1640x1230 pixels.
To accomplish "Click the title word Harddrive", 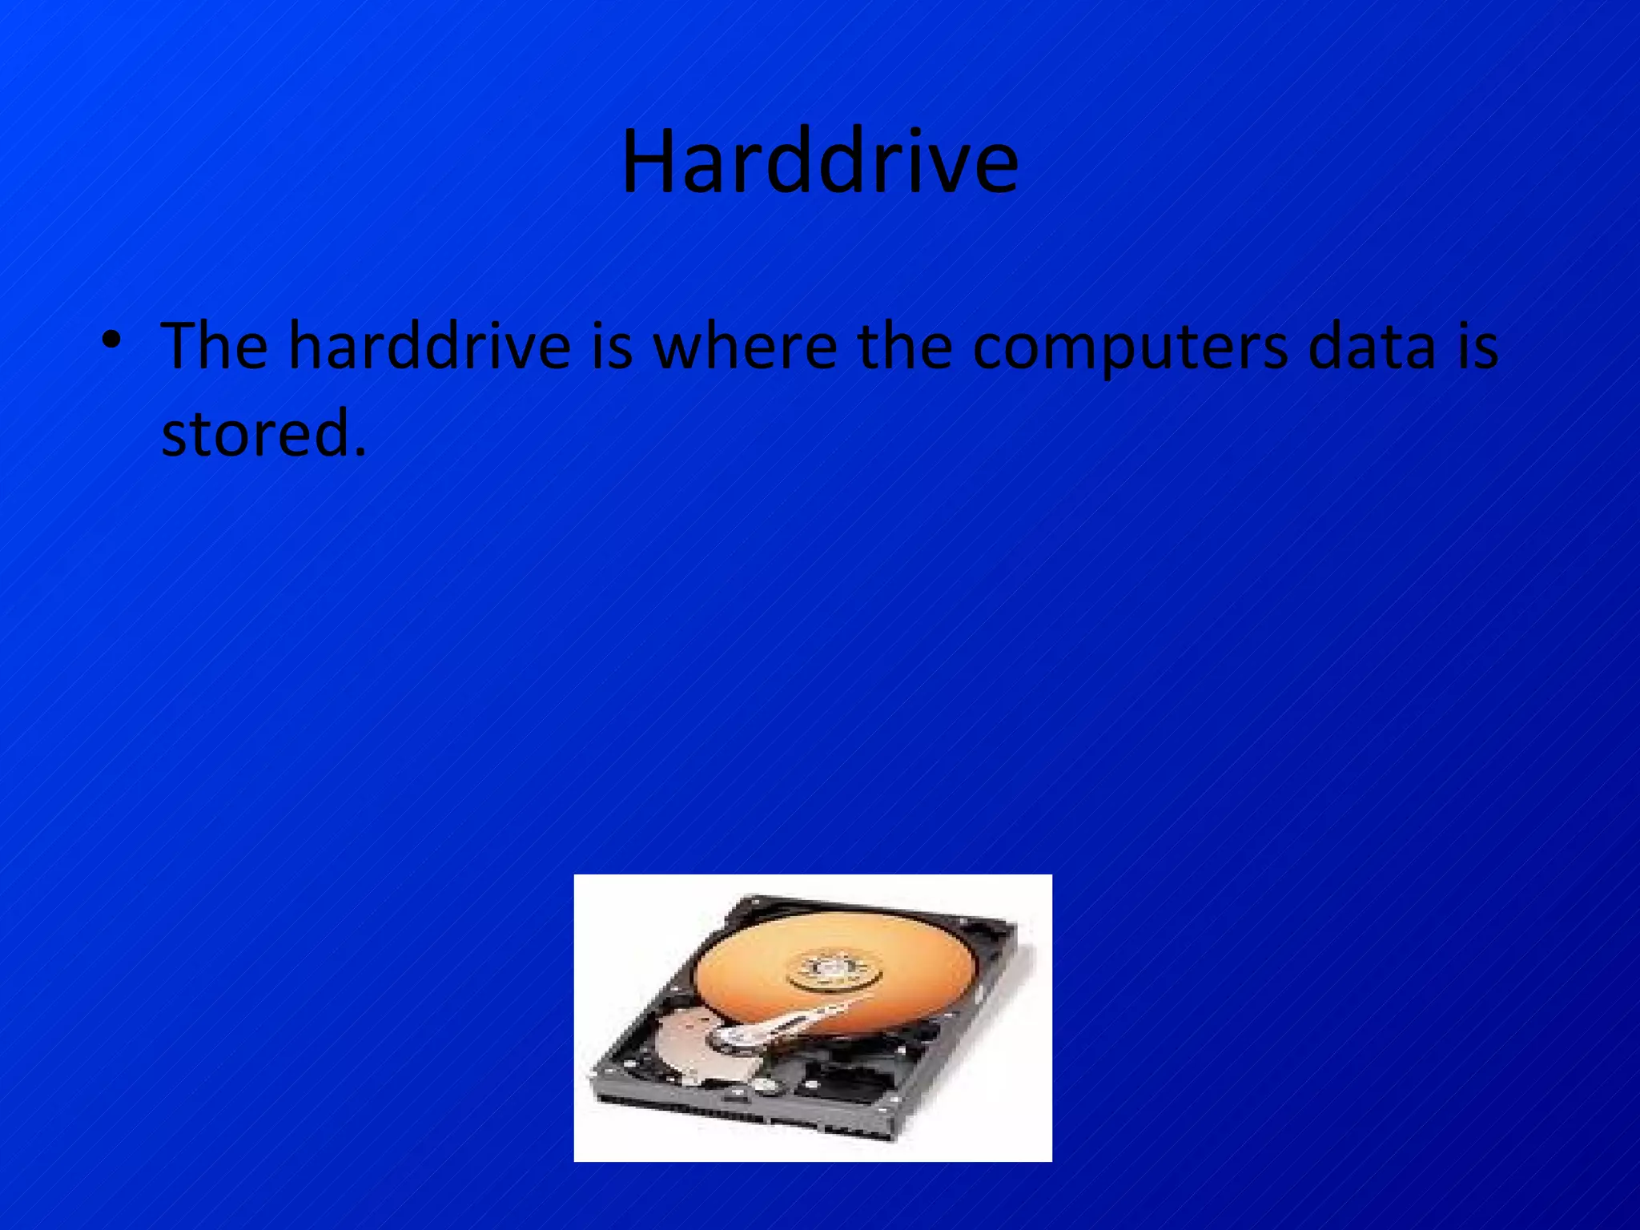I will pyautogui.click(x=820, y=163).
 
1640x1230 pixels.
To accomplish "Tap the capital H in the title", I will pyautogui.click(x=649, y=163).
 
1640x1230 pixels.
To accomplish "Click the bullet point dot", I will pyautogui.click(x=112, y=340).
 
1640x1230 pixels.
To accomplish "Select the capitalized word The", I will pyautogui.click(x=215, y=346).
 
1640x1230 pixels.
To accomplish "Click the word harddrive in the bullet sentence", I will pyautogui.click(x=430, y=346).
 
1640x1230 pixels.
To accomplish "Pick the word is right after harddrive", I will pyautogui.click(x=613, y=346).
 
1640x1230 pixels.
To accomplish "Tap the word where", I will pyautogui.click(x=746, y=346).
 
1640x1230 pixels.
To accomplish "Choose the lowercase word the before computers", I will pyautogui.click(x=905, y=346).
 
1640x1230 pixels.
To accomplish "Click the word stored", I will pyautogui.click(x=255, y=432).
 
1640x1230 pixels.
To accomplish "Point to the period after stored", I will pyautogui.click(x=360, y=453).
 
